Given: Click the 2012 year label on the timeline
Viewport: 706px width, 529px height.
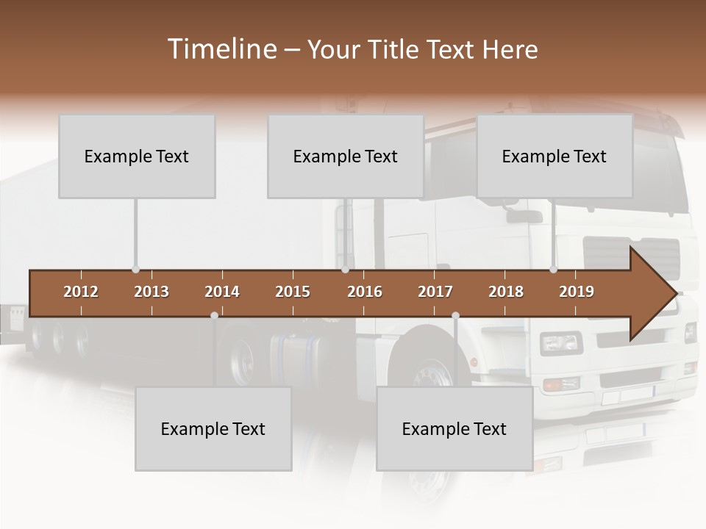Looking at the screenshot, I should coord(81,292).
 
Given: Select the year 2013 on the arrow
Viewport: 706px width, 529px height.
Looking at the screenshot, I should coord(151,292).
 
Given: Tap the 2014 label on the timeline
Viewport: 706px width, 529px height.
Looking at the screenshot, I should coord(222,292).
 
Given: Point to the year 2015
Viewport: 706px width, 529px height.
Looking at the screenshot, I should coord(293,292).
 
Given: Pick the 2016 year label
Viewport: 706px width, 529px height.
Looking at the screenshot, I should coord(365,292).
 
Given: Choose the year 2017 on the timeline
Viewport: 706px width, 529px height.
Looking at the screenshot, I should coord(435,292).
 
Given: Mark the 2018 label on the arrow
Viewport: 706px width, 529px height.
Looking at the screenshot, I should coord(506,292).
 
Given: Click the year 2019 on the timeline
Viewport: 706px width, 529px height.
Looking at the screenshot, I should coord(577,292).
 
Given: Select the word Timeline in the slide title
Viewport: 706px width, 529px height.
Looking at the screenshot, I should coord(221,49).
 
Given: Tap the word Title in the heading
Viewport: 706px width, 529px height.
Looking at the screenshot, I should coord(395,49).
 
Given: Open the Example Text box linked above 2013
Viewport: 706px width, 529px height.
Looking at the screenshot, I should coord(137,156).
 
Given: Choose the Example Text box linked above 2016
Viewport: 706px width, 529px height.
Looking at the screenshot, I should coord(346,156).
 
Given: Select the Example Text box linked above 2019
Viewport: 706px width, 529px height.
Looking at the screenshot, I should coord(555,156).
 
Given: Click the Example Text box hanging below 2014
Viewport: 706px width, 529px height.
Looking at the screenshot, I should coord(213,429).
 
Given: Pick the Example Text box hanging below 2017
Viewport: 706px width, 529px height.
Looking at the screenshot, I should coord(454,429).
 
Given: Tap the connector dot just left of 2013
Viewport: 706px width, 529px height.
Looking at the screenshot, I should coord(135,270).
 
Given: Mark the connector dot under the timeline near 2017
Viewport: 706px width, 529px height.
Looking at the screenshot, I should coord(455,316).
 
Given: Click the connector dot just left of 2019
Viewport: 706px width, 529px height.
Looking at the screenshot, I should coord(553,270).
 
